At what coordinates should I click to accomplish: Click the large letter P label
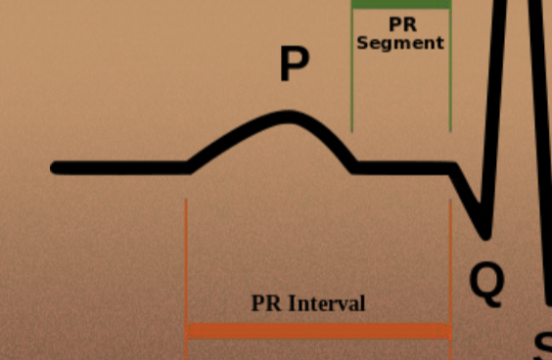(x=294, y=64)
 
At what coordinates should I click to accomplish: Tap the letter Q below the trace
(x=486, y=281)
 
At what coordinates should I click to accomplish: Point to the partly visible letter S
(x=542, y=347)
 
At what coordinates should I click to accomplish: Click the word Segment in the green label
(x=400, y=43)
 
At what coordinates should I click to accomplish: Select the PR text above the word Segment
(x=401, y=24)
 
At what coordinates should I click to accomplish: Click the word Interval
(x=327, y=303)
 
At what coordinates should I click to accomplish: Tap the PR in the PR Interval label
(x=267, y=303)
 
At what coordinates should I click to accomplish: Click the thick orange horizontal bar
(x=318, y=332)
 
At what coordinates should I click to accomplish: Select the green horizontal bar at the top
(x=401, y=4)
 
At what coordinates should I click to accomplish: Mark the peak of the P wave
(x=289, y=116)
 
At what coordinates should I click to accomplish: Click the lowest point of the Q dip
(x=483, y=235)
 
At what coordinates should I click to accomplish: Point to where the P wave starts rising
(x=191, y=166)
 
